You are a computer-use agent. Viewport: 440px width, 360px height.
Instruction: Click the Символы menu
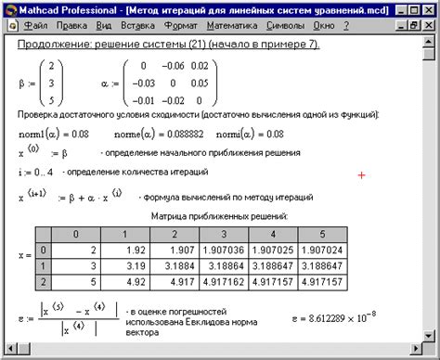pos(306,27)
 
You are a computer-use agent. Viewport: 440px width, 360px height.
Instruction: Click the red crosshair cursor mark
pos(362,174)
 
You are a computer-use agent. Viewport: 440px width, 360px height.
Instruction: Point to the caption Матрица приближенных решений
pos(219,215)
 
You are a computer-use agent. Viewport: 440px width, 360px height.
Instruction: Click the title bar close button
pos(431,8)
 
